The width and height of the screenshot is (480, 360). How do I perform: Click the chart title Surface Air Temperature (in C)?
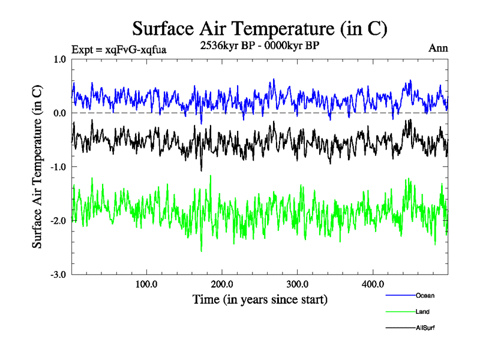click(260, 28)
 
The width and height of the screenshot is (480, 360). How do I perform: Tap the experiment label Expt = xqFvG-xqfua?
click(118, 49)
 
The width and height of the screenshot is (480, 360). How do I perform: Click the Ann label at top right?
click(438, 48)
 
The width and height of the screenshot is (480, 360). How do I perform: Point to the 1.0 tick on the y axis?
click(59, 59)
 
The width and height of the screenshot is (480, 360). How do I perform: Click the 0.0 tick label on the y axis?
click(59, 113)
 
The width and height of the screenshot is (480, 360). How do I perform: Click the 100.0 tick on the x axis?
click(146, 284)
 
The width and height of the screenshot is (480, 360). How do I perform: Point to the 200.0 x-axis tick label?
click(222, 284)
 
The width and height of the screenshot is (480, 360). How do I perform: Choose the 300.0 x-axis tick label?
click(298, 284)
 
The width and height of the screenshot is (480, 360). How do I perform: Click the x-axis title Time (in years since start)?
click(260, 298)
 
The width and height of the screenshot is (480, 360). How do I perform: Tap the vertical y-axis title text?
click(37, 167)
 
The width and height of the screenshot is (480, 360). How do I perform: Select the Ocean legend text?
click(425, 295)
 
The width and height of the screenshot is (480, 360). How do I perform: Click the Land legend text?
click(422, 312)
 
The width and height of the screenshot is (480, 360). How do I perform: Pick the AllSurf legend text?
click(425, 328)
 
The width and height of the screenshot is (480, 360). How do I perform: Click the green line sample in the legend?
click(400, 312)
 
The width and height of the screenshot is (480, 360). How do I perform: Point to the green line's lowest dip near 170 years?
click(201, 250)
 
